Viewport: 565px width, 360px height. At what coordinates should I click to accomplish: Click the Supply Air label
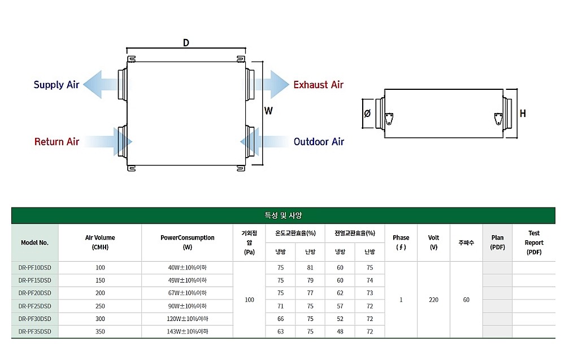point(56,85)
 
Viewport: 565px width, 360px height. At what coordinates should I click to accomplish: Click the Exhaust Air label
point(318,85)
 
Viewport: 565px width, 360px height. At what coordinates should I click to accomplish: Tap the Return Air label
point(56,141)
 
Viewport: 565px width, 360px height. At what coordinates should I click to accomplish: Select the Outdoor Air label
point(319,141)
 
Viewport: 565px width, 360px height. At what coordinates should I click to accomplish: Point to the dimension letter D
point(186,43)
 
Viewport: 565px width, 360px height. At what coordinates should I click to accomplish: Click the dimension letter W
point(268,111)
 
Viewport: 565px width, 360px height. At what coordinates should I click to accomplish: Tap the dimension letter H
point(523,114)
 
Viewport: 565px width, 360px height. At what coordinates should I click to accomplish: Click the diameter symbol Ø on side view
point(367,114)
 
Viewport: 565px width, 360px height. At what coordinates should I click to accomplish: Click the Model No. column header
point(34,242)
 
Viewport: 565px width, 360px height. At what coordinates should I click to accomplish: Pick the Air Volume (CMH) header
point(100,242)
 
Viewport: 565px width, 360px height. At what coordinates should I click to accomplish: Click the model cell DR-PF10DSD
point(34,267)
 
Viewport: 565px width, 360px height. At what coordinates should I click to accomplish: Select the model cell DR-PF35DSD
point(34,332)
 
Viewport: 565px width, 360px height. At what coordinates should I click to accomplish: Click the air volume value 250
point(100,306)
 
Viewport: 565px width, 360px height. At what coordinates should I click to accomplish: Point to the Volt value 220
point(433,300)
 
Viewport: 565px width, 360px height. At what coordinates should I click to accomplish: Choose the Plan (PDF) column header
point(497,242)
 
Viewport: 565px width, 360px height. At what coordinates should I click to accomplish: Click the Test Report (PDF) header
point(533,242)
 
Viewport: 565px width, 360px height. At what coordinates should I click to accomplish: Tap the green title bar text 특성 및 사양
point(282,215)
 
